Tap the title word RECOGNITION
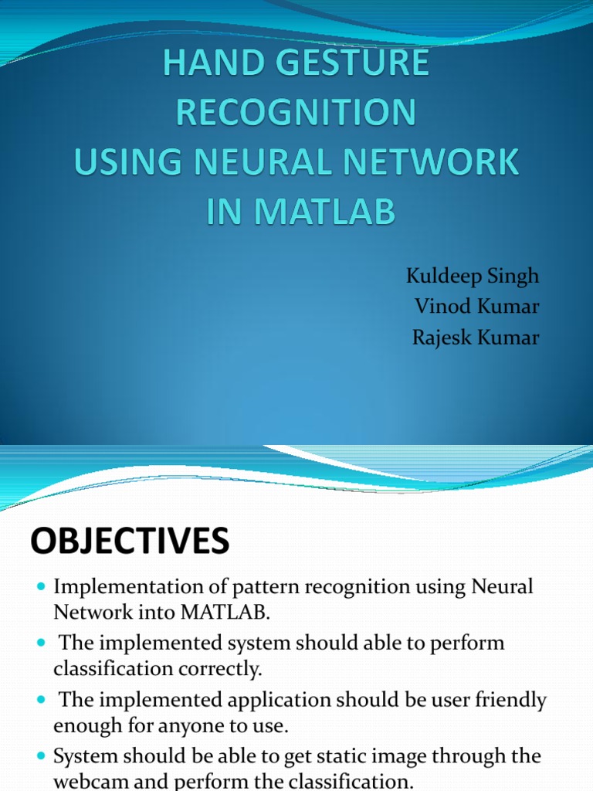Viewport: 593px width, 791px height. coord(296,113)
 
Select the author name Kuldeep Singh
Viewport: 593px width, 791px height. coord(473,277)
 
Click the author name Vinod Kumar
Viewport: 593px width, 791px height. coord(476,307)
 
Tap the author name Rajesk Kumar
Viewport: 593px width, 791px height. coord(476,337)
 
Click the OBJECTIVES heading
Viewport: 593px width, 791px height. coord(130,541)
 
